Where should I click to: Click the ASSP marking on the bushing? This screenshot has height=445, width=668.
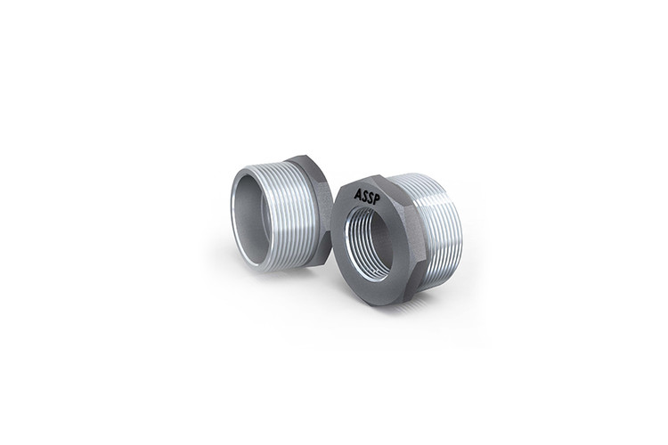pyautogui.click(x=366, y=197)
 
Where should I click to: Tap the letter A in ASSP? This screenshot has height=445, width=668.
pyautogui.click(x=357, y=194)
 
